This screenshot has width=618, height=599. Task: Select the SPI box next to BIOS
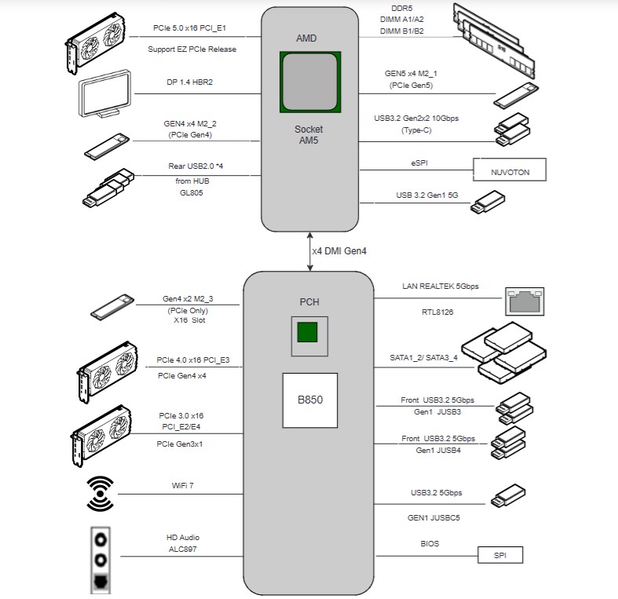tap(500, 555)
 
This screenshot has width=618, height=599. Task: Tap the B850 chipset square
tap(309, 400)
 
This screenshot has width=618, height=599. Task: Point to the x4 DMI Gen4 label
tap(340, 251)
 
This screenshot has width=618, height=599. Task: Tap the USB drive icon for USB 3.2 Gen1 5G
tap(487, 206)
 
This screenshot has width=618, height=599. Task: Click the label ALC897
tap(182, 550)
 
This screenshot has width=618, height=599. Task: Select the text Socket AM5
tap(309, 134)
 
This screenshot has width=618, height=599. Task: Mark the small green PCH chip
tap(308, 332)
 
